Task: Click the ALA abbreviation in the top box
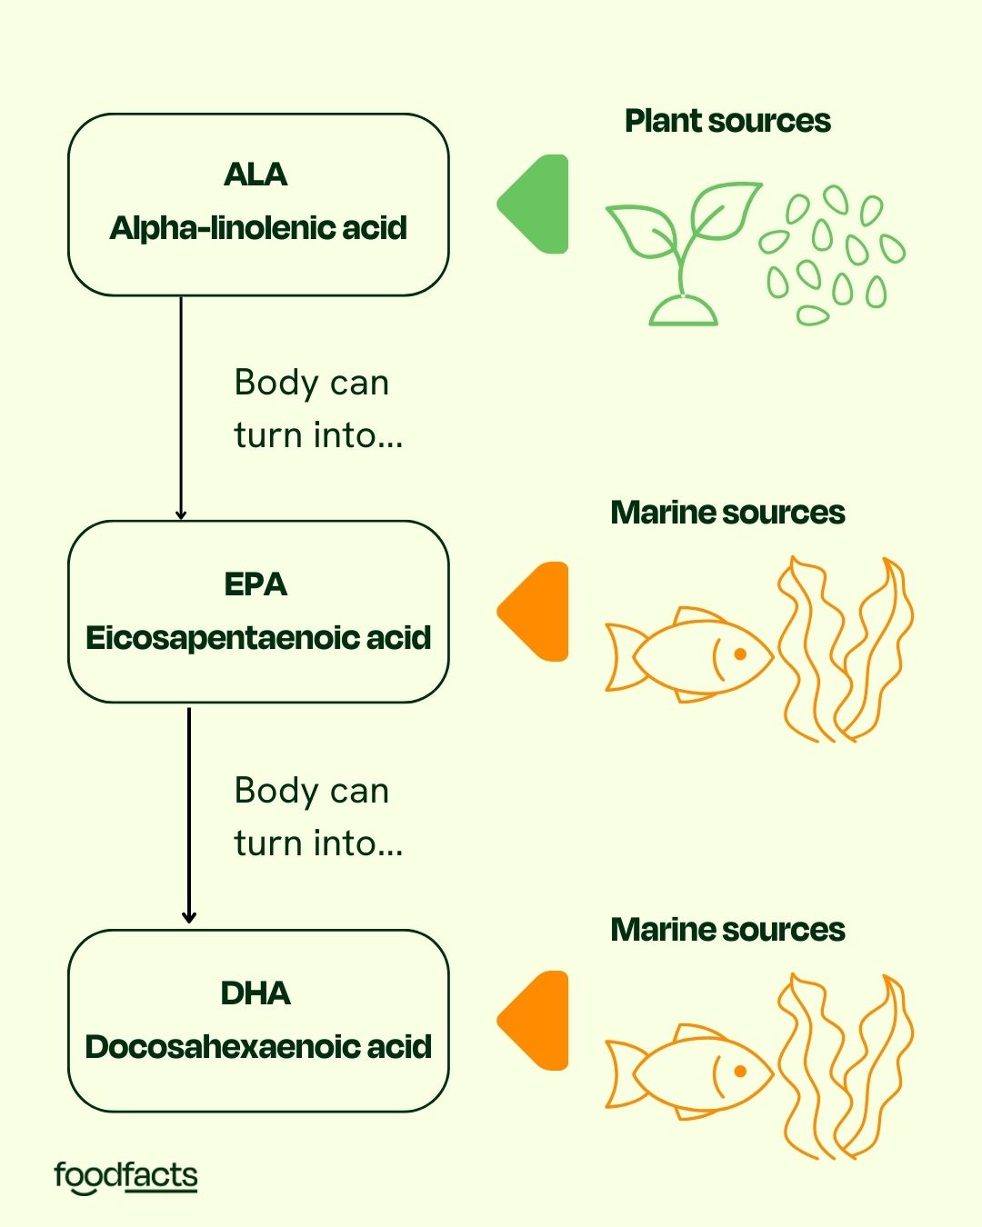click(256, 175)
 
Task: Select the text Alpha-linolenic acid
click(258, 228)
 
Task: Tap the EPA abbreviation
click(256, 584)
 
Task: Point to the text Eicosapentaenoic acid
click(258, 638)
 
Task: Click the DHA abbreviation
click(256, 993)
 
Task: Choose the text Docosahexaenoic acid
click(258, 1047)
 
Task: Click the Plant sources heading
click(727, 121)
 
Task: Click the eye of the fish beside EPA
click(740, 654)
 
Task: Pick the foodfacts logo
click(125, 1176)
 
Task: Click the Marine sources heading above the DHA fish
click(727, 930)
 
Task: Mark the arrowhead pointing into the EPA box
click(181, 514)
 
